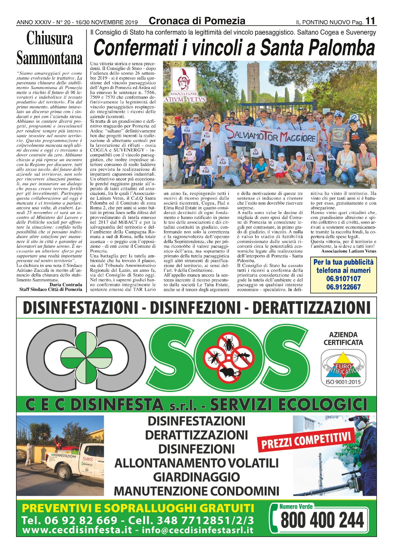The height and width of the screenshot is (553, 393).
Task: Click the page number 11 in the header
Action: pyautogui.click(x=370, y=21)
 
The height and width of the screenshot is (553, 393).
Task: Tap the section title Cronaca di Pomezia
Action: pyautogui.click(x=197, y=21)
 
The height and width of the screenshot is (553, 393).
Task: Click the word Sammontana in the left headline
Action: pyautogui.click(x=50, y=58)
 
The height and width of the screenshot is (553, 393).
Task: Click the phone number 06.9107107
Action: pyautogui.click(x=343, y=279)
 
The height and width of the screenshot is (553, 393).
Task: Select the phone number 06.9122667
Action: pyautogui.click(x=343, y=287)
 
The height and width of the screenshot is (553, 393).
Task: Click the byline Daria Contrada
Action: pyautogui.click(x=66, y=285)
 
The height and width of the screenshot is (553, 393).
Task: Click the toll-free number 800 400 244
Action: pyautogui.click(x=322, y=520)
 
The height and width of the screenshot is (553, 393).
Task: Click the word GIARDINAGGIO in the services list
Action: pyautogui.click(x=196, y=477)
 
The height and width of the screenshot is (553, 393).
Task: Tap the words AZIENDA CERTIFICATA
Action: pyautogui.click(x=343, y=339)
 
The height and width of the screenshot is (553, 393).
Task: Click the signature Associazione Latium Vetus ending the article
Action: pyautogui.click(x=349, y=251)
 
